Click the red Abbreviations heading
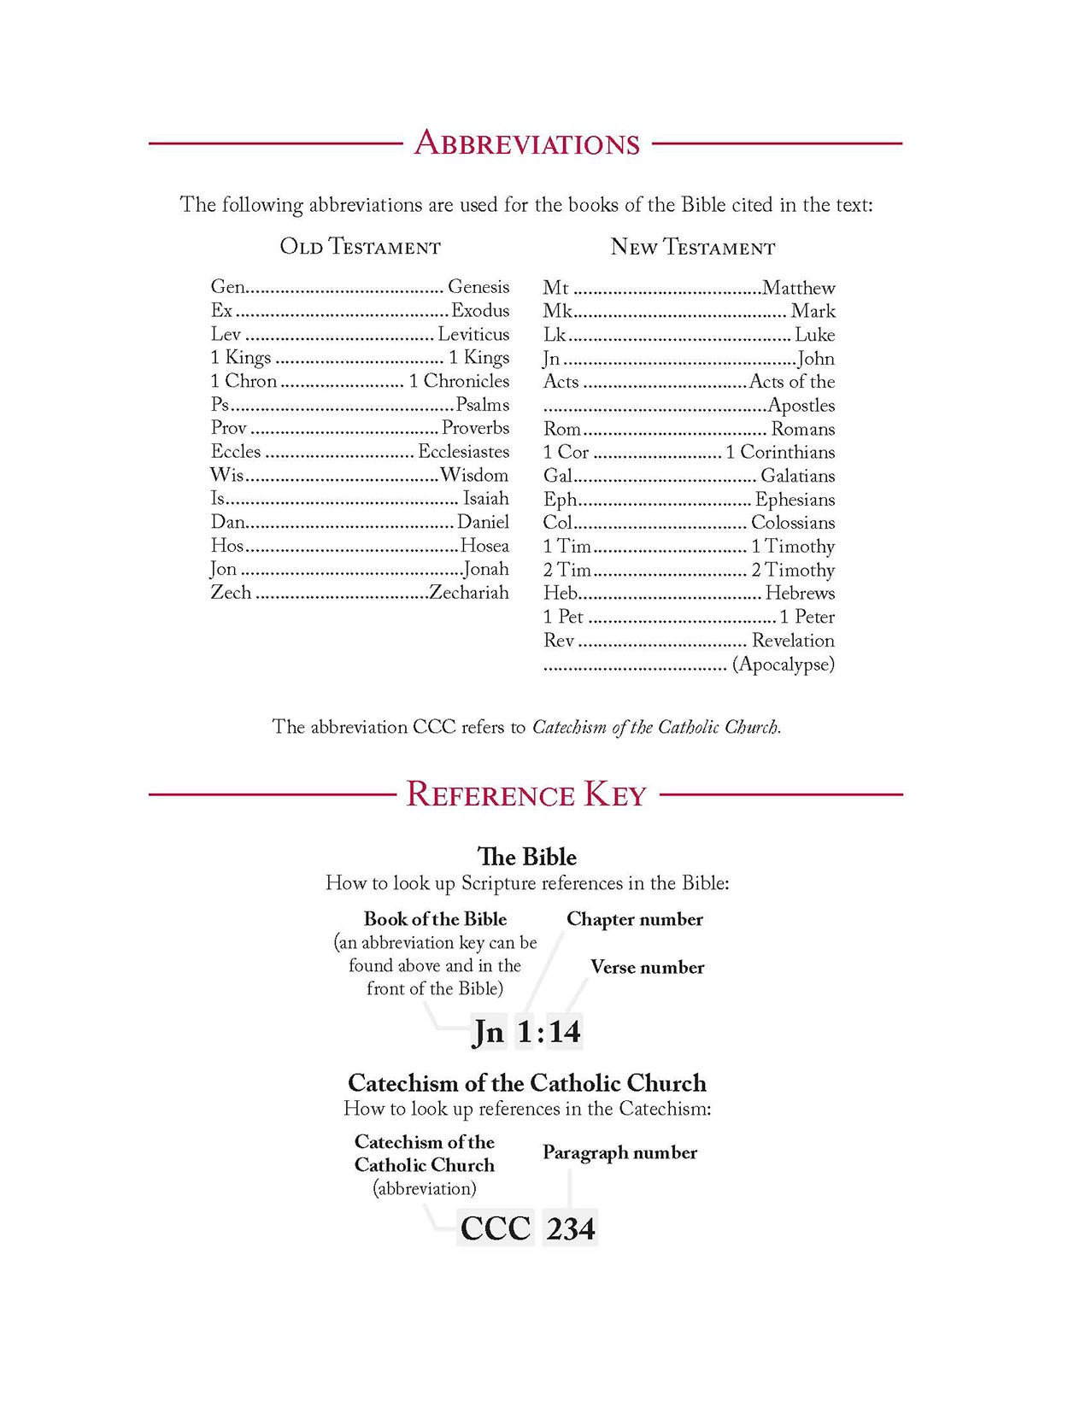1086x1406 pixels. point(526,144)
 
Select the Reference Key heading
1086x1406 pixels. point(525,794)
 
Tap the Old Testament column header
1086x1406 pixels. point(360,247)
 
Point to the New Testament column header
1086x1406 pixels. point(692,248)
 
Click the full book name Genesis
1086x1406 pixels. point(478,287)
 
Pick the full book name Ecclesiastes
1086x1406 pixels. point(463,452)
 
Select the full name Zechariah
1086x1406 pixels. point(468,593)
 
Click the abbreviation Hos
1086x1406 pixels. point(227,546)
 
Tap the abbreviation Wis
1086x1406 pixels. point(226,475)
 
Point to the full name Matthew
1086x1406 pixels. point(798,288)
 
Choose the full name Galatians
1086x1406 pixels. point(797,476)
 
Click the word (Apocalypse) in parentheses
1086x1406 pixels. point(783,665)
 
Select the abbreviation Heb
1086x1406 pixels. point(561,593)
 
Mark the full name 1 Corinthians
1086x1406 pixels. point(780,453)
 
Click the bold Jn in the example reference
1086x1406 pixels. point(489,1032)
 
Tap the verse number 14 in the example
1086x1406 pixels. point(565,1032)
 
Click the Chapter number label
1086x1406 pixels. point(634,919)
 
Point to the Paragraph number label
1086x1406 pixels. point(619,1152)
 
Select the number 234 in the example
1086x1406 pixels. point(571,1228)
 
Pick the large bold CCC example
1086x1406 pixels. point(496,1228)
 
